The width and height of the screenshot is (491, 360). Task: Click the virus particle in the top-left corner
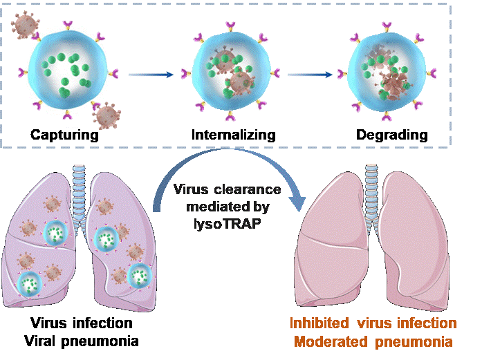pos(26,24)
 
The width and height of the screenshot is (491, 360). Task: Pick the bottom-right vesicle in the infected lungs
pos(139,275)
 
